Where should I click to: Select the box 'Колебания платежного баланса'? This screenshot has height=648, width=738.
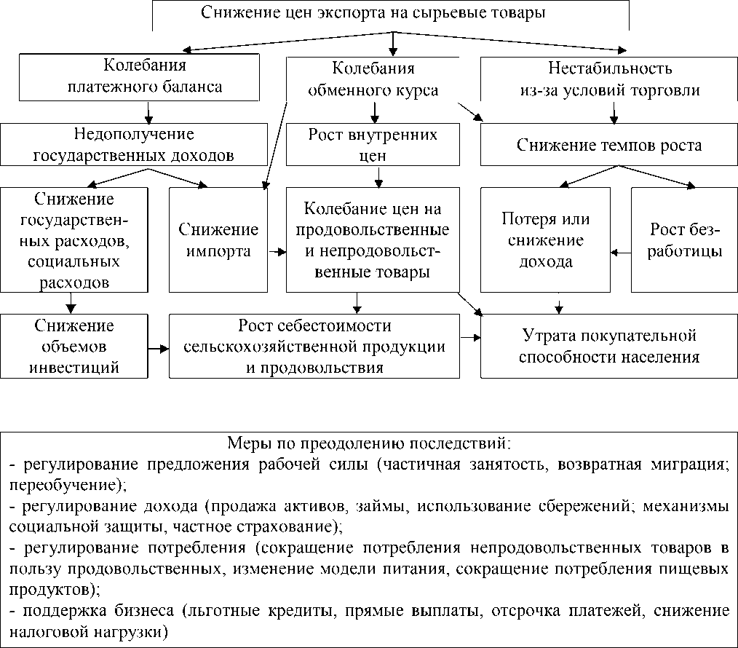point(139,77)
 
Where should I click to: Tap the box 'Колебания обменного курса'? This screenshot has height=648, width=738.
point(373,79)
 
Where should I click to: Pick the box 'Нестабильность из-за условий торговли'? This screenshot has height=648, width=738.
point(609,79)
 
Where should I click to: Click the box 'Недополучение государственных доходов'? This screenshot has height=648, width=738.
point(133,144)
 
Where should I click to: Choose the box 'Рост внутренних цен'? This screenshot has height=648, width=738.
point(373,145)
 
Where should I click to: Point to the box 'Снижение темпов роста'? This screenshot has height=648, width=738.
point(609,145)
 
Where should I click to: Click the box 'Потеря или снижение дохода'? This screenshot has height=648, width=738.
point(546,240)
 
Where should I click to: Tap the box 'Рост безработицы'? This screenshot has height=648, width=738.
point(685,240)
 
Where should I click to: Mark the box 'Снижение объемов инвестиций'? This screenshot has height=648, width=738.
point(73,346)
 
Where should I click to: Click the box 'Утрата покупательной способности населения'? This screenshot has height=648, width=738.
point(609,347)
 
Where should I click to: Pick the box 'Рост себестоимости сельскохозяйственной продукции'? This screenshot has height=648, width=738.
point(314,346)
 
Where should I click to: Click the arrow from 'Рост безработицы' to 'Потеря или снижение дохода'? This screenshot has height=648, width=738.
point(621,253)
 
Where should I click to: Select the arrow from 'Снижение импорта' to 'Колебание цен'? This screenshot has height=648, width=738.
point(277,253)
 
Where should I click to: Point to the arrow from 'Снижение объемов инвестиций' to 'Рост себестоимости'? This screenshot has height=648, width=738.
point(157,349)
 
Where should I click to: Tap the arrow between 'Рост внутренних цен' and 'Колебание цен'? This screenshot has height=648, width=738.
point(378,177)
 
